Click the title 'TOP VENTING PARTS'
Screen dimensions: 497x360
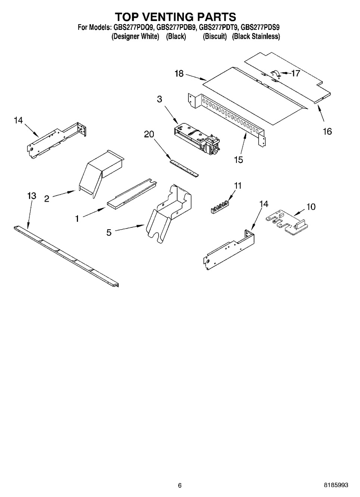[175, 17]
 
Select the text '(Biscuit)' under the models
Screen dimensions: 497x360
[215, 37]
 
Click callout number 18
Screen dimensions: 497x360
[179, 73]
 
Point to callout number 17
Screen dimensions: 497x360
[295, 73]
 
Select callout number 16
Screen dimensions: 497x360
[327, 131]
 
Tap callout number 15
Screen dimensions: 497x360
[238, 160]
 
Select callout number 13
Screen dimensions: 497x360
[32, 195]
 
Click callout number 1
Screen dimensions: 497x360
[77, 219]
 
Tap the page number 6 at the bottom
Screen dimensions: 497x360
[180, 485]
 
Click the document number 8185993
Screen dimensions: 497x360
[336, 485]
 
